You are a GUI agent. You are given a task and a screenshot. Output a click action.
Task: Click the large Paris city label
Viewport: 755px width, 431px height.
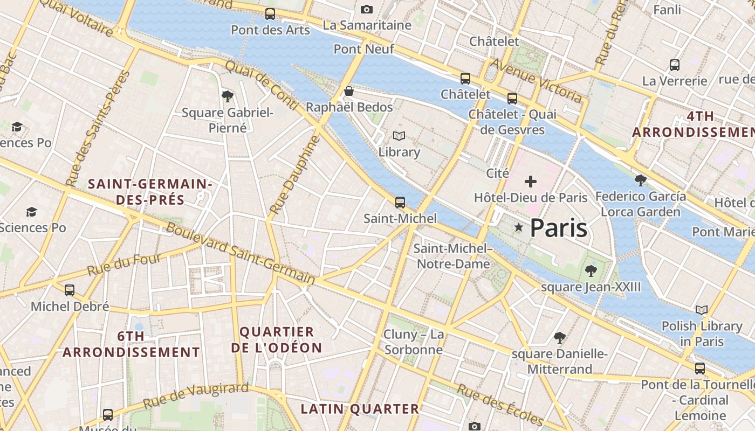(x=558, y=228)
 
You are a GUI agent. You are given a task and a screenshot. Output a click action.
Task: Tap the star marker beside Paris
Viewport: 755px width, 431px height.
(x=519, y=228)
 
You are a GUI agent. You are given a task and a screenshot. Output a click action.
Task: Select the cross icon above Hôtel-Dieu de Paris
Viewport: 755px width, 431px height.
(x=531, y=182)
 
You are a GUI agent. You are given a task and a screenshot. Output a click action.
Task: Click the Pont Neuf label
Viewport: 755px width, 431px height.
(x=363, y=49)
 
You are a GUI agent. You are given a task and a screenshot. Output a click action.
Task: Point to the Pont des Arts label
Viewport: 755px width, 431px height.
(x=270, y=30)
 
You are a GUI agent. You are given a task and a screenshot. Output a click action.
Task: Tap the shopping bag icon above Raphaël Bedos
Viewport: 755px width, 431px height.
(x=349, y=91)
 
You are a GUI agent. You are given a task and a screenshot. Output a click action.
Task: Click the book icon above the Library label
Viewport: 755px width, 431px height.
(x=399, y=136)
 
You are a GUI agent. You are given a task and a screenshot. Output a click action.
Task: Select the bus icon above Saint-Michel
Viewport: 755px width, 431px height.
(x=400, y=203)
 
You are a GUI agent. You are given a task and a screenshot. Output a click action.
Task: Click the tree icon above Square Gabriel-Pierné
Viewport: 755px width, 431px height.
(x=228, y=96)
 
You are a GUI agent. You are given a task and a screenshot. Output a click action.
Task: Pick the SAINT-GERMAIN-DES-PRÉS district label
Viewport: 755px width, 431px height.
(x=150, y=192)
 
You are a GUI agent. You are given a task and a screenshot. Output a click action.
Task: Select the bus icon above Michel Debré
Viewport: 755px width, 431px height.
(x=70, y=290)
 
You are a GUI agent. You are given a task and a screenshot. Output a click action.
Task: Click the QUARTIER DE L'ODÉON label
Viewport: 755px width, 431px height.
(x=277, y=339)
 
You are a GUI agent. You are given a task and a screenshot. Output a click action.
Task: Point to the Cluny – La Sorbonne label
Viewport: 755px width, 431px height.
(x=414, y=342)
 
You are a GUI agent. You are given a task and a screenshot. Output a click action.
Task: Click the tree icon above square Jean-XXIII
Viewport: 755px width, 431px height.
(x=591, y=270)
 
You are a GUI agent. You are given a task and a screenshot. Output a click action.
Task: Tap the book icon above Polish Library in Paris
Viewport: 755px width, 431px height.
(x=702, y=310)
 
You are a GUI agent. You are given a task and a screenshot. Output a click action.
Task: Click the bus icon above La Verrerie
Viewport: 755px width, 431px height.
(x=674, y=65)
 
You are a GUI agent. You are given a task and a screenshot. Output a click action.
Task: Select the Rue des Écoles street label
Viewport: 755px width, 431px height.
(x=500, y=405)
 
